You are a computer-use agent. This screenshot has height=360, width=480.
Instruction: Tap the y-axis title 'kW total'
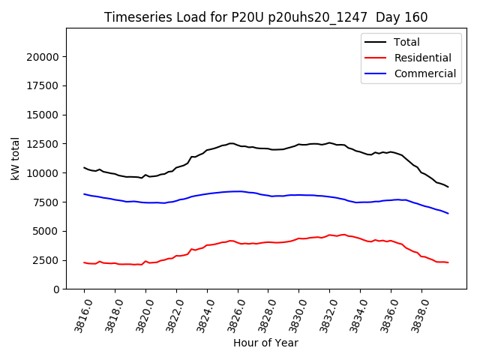click(x=16, y=158)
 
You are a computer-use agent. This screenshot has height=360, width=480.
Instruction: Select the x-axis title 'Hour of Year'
click(x=265, y=343)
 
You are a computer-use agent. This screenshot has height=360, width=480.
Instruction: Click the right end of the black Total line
click(x=448, y=187)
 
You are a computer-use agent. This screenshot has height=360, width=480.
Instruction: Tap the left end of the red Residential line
click(x=84, y=262)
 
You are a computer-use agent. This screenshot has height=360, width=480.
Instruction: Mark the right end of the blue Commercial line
click(x=448, y=214)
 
